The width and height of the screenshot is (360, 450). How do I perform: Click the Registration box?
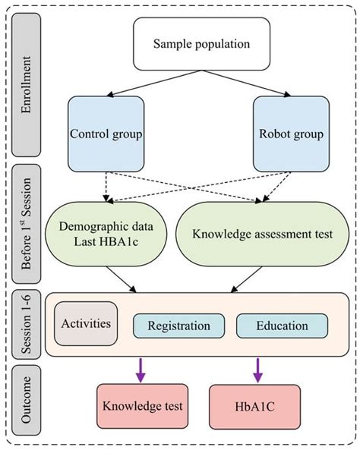click(x=179, y=326)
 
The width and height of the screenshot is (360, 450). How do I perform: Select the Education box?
click(x=282, y=326)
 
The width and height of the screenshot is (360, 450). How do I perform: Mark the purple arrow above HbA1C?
click(x=253, y=368)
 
